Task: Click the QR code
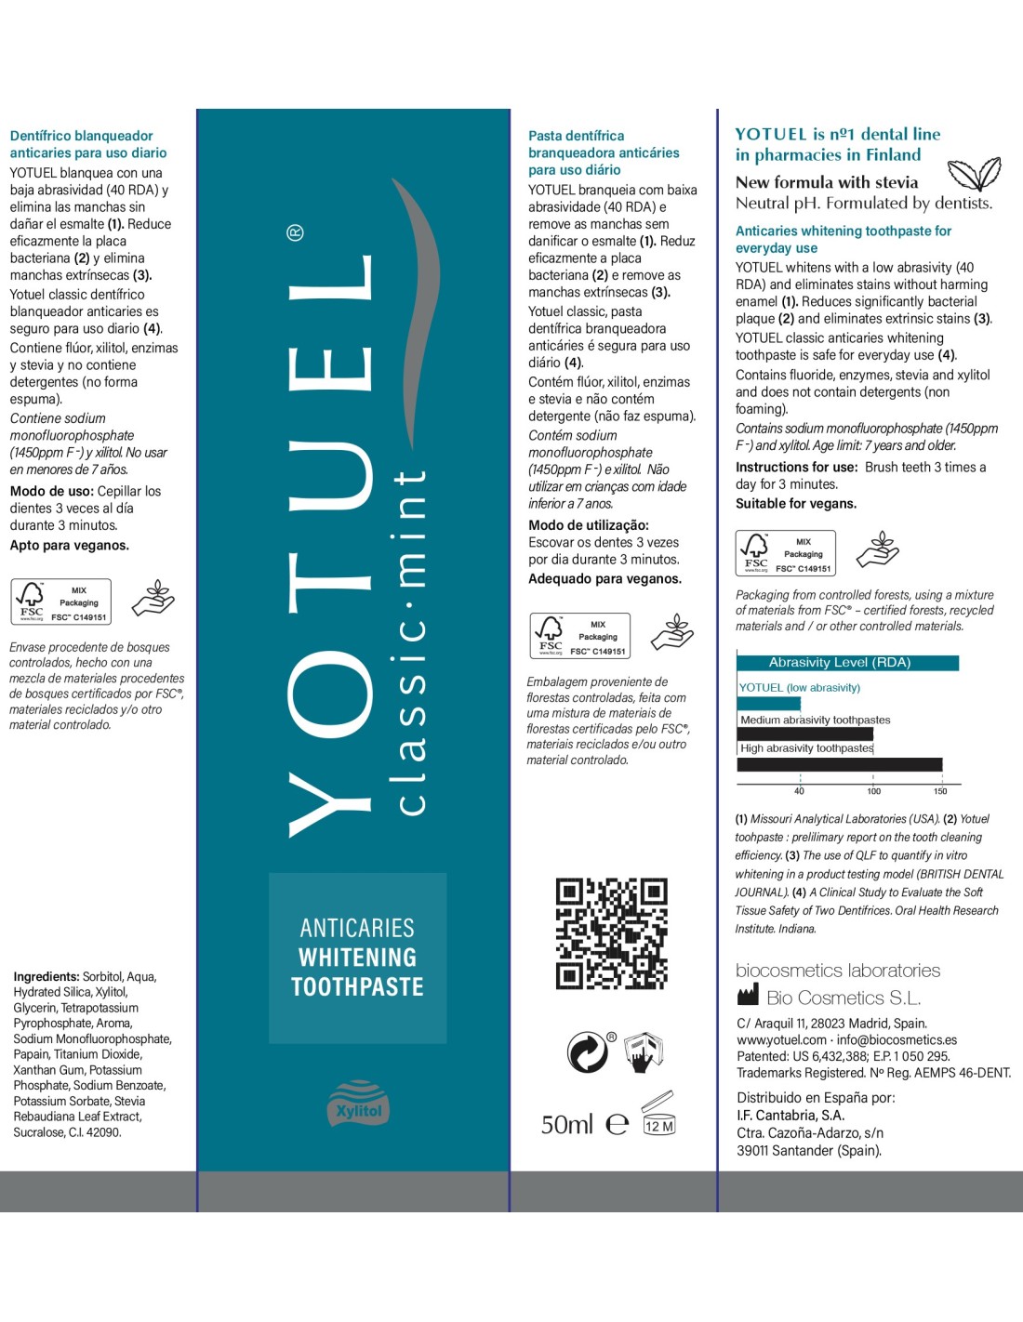click(x=611, y=932)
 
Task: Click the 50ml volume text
click(x=566, y=1125)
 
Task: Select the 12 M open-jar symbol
click(x=658, y=1114)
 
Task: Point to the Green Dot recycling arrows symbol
click(x=588, y=1052)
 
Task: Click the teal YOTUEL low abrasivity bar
click(x=768, y=704)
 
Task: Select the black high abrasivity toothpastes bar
click(x=839, y=764)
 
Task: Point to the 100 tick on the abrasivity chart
click(x=873, y=791)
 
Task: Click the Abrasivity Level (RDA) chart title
click(x=839, y=663)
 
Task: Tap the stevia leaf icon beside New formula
click(x=974, y=174)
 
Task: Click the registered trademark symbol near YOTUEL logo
click(x=295, y=232)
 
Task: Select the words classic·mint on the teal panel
click(x=410, y=641)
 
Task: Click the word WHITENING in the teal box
click(x=357, y=958)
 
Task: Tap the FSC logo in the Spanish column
click(x=32, y=602)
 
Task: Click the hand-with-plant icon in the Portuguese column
click(x=672, y=632)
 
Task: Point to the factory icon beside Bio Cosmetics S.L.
click(x=748, y=997)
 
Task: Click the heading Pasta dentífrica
click(x=576, y=136)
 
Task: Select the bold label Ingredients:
click(x=46, y=976)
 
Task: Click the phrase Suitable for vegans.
click(x=796, y=504)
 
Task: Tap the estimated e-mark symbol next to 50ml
click(x=618, y=1125)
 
